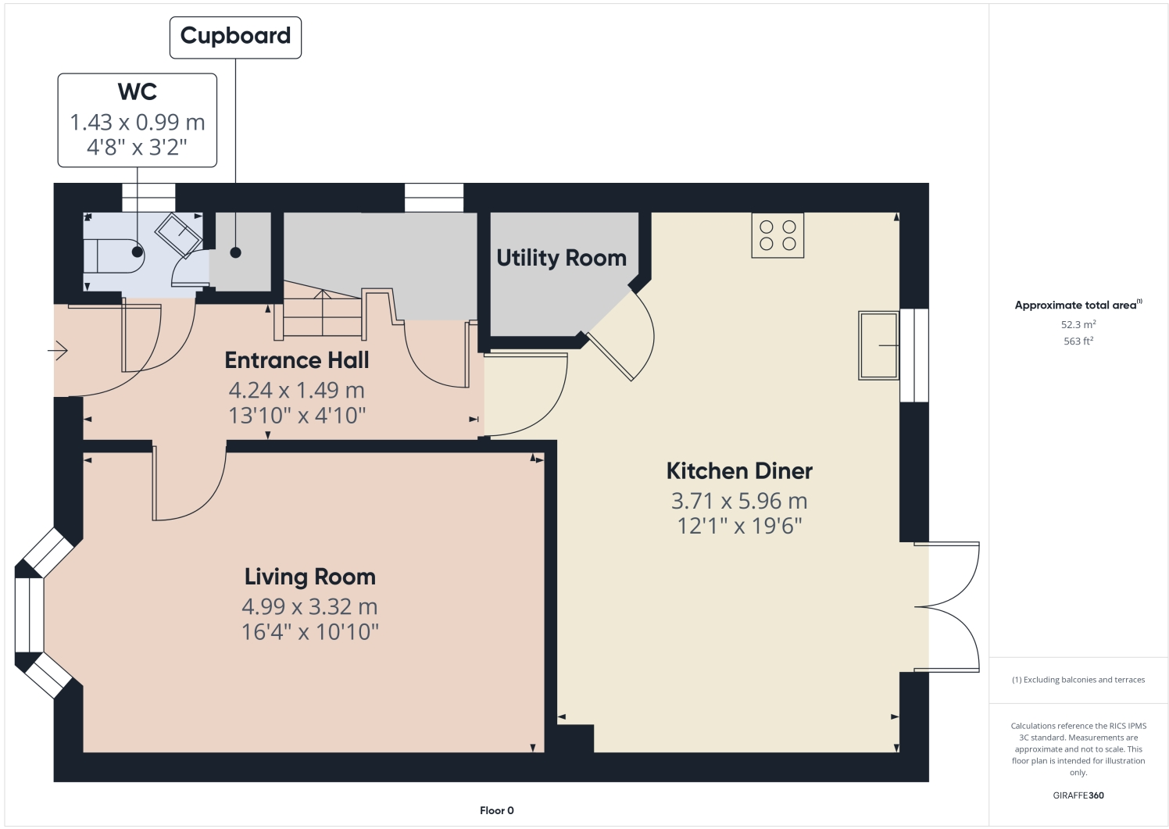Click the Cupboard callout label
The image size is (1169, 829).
[x=235, y=36]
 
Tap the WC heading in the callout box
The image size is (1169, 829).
[x=138, y=91]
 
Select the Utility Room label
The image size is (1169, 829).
[x=561, y=258]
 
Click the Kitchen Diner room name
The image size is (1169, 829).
[x=739, y=471]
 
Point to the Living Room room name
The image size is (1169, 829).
[x=309, y=577]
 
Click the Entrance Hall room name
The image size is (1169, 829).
[x=296, y=360]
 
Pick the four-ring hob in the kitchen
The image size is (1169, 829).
[x=778, y=235]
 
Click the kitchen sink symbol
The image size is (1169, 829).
[x=878, y=345]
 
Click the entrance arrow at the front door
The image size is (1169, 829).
[x=59, y=352]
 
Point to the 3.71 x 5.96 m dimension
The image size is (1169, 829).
[x=739, y=501]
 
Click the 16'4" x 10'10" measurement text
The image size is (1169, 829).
[x=309, y=631]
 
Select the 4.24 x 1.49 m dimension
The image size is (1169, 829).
[x=296, y=390]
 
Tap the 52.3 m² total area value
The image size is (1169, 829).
[x=1078, y=324]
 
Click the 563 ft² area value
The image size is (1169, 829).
[x=1078, y=341]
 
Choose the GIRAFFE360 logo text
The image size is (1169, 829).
[x=1078, y=795]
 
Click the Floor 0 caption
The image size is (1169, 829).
[x=497, y=810]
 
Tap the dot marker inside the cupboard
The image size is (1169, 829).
[x=235, y=253]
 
